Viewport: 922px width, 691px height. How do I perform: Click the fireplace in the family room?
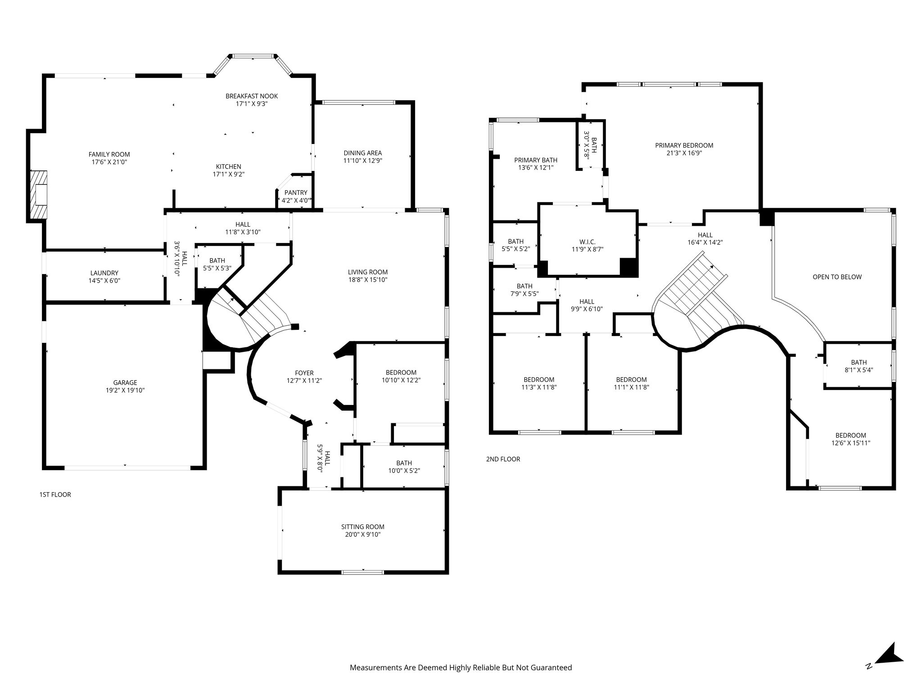38,195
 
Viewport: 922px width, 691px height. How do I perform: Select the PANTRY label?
296,193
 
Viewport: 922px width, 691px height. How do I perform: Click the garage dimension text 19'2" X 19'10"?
125,390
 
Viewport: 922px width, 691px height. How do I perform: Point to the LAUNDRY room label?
104,273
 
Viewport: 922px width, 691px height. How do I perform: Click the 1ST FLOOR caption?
55,494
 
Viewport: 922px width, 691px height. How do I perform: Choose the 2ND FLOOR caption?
503,459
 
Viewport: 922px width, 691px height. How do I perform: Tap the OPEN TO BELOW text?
837,277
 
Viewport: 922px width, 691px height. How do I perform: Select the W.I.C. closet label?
588,242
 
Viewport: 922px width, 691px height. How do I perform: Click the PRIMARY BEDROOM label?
684,145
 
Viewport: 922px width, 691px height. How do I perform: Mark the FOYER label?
304,373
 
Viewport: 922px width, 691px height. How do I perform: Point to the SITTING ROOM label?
362,527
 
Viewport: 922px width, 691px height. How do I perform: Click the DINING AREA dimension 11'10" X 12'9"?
363,161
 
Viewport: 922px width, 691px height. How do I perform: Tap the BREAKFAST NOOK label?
252,96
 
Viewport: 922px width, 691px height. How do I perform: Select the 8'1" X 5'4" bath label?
859,370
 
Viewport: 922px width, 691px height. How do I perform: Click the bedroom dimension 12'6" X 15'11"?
850,443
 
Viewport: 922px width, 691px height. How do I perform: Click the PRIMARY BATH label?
536,160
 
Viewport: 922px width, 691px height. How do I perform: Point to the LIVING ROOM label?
368,272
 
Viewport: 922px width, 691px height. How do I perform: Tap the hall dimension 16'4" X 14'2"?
705,242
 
